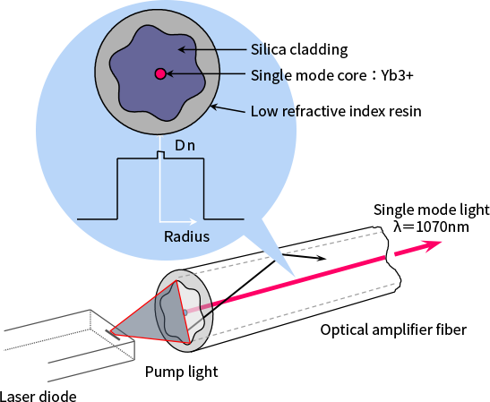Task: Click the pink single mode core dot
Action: (x=160, y=73)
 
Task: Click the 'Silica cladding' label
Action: (x=299, y=49)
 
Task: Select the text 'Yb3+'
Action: (x=397, y=75)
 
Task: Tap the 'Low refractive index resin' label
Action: (x=336, y=111)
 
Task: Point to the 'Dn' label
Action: (x=185, y=146)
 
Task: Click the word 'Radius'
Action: (x=186, y=236)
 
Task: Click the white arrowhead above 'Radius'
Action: (x=193, y=222)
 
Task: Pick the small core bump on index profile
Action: (x=160, y=155)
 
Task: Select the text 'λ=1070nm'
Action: (x=431, y=227)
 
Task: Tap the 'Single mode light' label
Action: (x=432, y=210)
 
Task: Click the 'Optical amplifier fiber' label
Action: (x=393, y=329)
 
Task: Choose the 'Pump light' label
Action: (x=181, y=372)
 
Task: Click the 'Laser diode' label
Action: (x=38, y=397)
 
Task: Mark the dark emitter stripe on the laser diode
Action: (x=113, y=335)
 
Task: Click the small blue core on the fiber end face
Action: (x=185, y=312)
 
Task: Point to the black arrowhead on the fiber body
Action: (x=322, y=258)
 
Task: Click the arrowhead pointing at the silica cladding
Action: (x=182, y=49)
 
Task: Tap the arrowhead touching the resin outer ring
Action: (x=214, y=107)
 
